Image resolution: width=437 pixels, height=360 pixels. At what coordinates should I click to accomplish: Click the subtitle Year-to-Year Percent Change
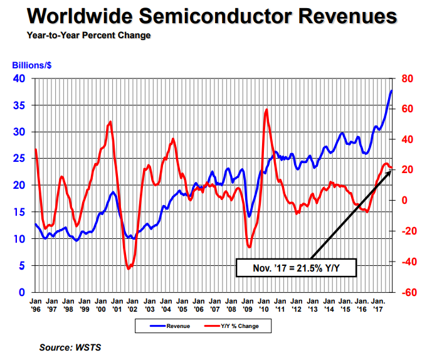[88, 36]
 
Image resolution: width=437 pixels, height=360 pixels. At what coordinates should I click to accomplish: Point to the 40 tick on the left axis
[19, 79]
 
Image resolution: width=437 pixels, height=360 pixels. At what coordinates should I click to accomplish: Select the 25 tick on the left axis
[19, 159]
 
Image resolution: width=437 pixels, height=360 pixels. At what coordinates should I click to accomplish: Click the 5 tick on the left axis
[23, 266]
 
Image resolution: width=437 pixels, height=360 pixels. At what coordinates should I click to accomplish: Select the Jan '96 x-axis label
[36, 305]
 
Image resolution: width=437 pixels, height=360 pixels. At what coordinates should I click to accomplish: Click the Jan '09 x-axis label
[248, 305]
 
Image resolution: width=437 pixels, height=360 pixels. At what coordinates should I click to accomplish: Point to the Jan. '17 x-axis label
[377, 305]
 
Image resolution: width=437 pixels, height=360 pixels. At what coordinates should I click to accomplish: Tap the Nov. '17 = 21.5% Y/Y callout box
[296, 268]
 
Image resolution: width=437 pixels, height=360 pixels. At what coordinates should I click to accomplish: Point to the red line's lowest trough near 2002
[129, 268]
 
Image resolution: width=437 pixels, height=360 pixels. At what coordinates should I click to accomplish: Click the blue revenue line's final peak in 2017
[391, 91]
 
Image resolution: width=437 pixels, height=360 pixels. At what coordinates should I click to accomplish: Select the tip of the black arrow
[391, 167]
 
